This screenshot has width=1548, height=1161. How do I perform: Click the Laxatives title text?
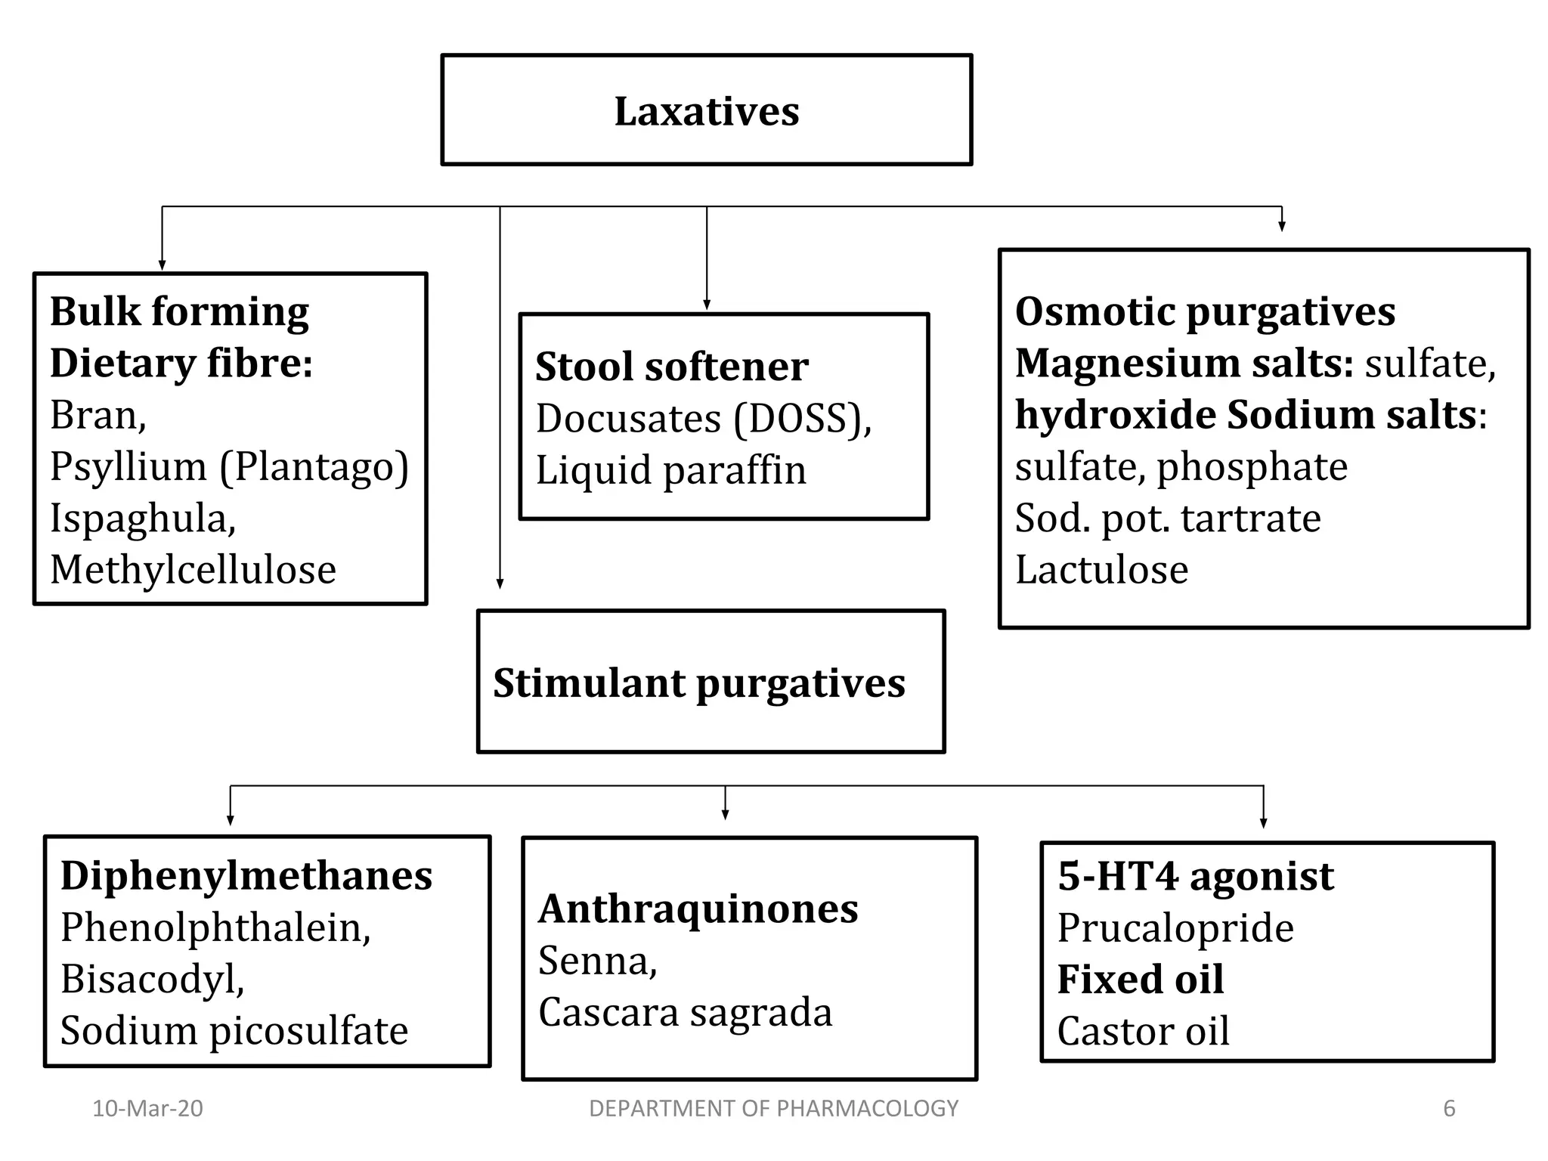click(706, 112)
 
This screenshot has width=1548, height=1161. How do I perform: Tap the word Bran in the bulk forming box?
click(97, 415)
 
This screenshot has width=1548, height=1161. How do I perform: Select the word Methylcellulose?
click(193, 570)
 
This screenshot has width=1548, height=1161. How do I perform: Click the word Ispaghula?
click(142, 519)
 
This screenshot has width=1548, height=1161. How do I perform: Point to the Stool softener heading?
click(671, 367)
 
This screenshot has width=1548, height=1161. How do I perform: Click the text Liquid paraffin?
click(670, 470)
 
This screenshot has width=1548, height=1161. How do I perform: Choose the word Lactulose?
click(1101, 570)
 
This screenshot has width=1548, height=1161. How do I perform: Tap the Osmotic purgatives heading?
click(1204, 311)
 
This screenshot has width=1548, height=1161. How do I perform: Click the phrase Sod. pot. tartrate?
click(1167, 519)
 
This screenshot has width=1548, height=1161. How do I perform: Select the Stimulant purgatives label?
click(698, 683)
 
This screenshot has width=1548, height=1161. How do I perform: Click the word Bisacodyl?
click(152, 980)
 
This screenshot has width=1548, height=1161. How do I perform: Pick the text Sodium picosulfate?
click(234, 1031)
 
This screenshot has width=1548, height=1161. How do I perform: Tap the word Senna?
click(597, 961)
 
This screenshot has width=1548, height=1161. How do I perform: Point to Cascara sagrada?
click(685, 1013)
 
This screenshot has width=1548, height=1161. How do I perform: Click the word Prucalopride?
click(1175, 928)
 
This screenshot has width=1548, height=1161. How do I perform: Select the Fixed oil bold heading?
click(1140, 980)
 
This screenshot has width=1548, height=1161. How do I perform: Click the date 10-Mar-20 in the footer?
click(147, 1109)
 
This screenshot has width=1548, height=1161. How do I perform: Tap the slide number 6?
click(1448, 1109)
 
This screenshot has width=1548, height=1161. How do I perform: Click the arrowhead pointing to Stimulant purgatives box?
click(500, 583)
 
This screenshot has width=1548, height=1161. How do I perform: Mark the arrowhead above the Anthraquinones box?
click(725, 814)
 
